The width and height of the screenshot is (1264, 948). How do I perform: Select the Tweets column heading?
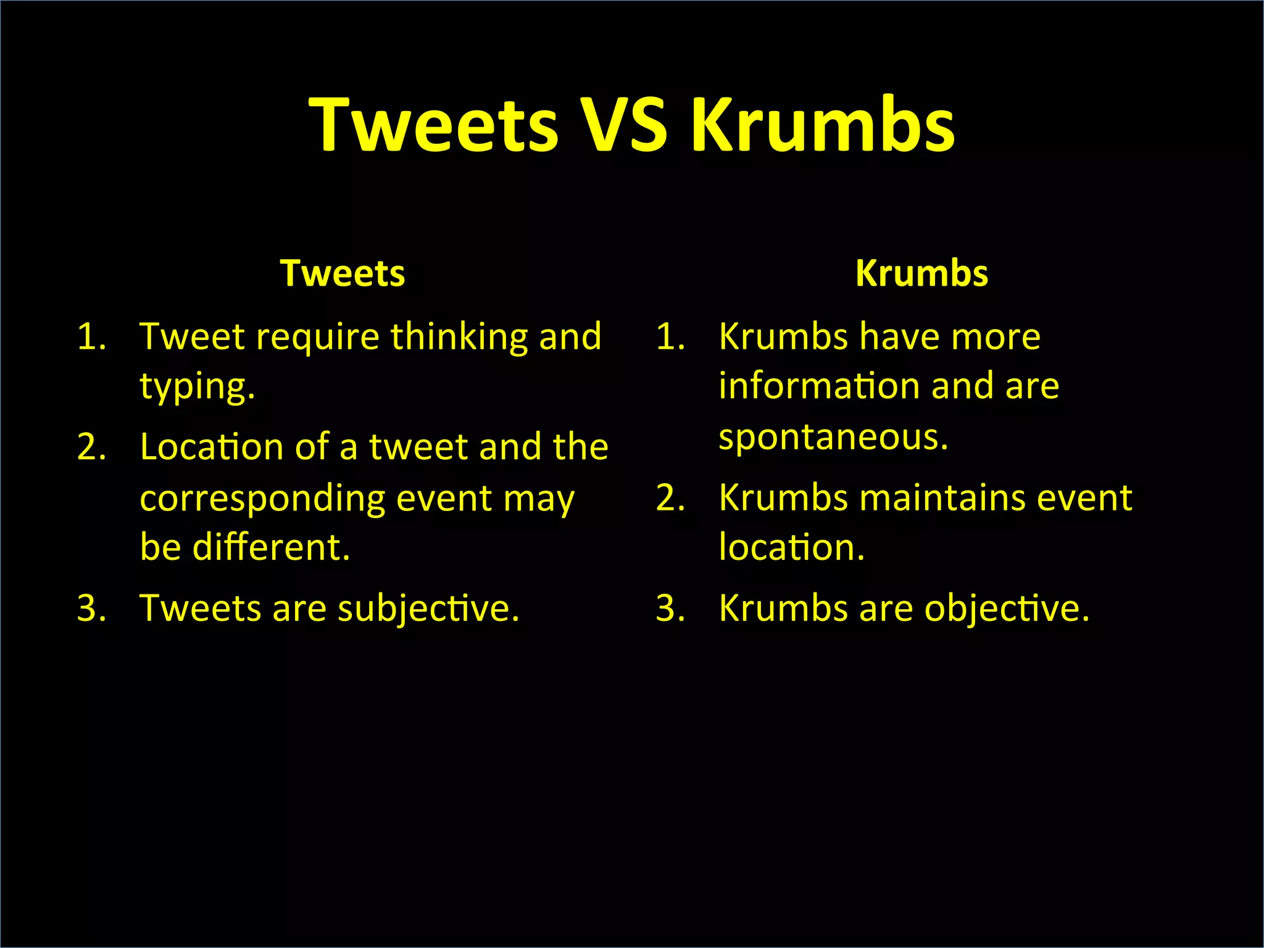[343, 273]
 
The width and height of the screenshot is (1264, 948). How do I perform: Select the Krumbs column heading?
[922, 273]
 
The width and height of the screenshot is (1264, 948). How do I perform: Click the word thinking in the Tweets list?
[459, 337]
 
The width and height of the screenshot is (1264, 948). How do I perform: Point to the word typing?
[197, 388]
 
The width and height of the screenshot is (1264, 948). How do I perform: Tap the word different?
[271, 547]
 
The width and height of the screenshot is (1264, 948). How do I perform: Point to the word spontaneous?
[833, 437]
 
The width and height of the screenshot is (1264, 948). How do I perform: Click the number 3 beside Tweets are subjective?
[91, 609]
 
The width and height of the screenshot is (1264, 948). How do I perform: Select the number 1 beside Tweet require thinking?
[91, 337]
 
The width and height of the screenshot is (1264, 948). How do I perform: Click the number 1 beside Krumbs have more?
[670, 337]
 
